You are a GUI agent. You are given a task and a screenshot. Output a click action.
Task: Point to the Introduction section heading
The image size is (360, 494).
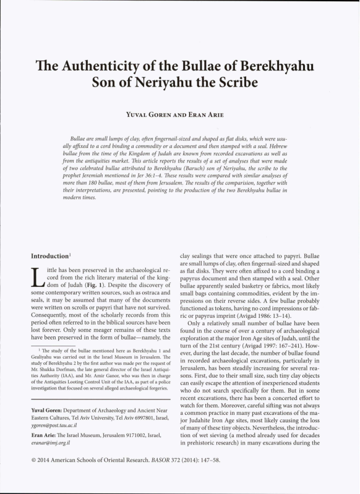point(45,255)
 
